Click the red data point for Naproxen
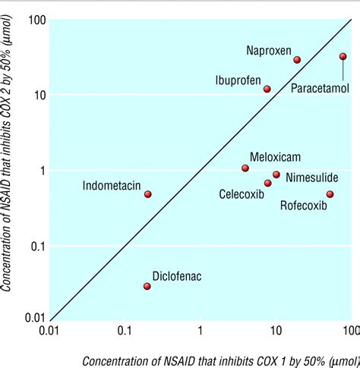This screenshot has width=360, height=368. (297, 60)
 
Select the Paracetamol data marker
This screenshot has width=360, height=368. (343, 56)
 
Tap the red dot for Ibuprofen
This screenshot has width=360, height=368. (267, 89)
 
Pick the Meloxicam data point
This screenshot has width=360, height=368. (245, 168)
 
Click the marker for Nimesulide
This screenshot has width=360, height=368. (276, 175)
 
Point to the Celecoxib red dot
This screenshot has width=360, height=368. (267, 183)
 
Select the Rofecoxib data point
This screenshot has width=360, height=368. (330, 194)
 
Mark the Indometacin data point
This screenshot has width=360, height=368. (148, 194)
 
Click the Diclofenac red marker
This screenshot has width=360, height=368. (147, 286)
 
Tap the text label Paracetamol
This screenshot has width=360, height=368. (320, 88)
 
